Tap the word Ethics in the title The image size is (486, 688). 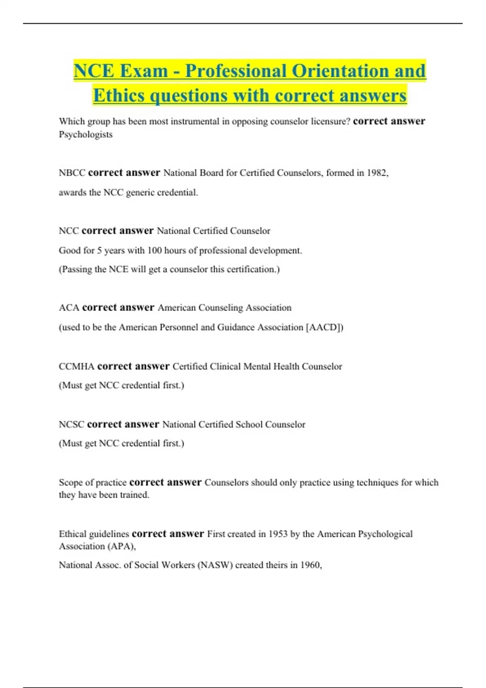[119, 96]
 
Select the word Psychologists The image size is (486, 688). [85, 134]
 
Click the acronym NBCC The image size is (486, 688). [72, 173]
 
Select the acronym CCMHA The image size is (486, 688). [77, 367]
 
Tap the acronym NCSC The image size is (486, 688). [71, 425]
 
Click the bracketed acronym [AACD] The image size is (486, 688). [324, 327]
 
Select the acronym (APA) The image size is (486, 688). [121, 546]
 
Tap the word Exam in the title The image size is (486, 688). [143, 71]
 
